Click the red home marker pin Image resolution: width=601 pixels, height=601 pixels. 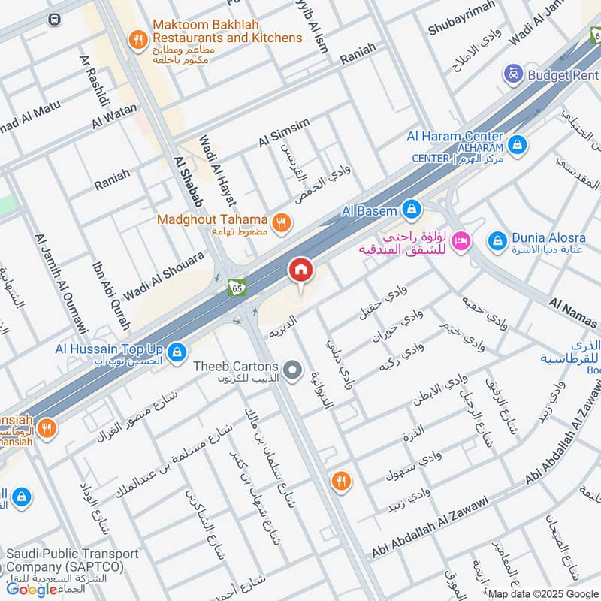click(300, 270)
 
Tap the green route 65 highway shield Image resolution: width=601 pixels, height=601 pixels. click(237, 288)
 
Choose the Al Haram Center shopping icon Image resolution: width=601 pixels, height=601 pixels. click(516, 143)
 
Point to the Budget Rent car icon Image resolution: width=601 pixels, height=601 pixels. click(513, 74)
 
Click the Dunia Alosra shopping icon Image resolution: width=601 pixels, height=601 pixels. click(497, 240)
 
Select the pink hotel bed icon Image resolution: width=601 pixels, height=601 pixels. click(462, 240)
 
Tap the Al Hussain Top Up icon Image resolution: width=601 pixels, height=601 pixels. click(177, 351)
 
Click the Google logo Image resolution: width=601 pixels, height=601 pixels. click(32, 590)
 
